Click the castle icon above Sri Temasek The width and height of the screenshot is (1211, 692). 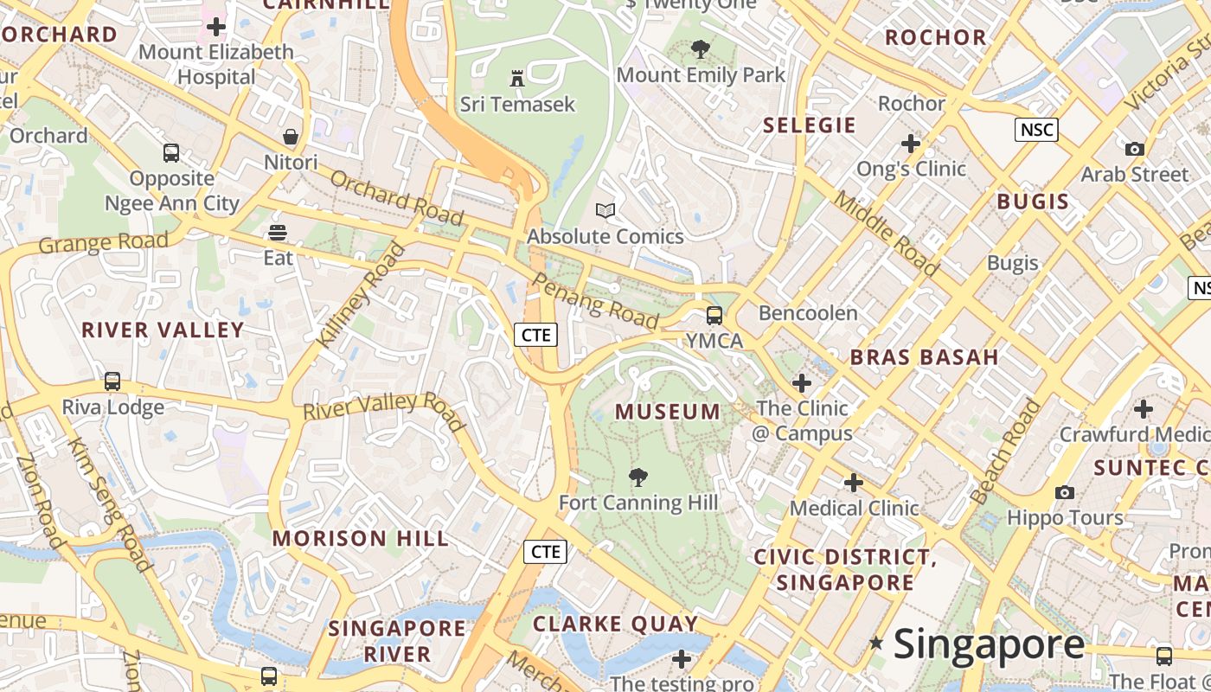(517, 79)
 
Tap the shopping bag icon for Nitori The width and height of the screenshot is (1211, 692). (291, 137)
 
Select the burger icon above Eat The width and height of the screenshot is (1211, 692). (278, 232)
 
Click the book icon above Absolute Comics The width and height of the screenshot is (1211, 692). (605, 210)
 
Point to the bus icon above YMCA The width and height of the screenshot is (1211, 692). (714, 315)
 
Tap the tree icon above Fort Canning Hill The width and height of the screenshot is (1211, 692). (638, 477)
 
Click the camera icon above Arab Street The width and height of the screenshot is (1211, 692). (1135, 149)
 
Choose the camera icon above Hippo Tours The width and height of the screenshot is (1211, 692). (1065, 492)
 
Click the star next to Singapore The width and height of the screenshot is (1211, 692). (876, 643)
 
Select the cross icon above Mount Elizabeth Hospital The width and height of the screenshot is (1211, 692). (216, 27)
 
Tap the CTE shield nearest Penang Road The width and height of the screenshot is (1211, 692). (535, 335)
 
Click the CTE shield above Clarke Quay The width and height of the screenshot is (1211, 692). (545, 551)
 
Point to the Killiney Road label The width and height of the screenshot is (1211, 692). (360, 296)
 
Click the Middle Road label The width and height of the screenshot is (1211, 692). (886, 234)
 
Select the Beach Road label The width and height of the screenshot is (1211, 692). (1006, 452)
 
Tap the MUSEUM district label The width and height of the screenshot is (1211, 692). (667, 412)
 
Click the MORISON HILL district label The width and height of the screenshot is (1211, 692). (361, 538)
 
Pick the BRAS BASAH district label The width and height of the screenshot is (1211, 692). (924, 356)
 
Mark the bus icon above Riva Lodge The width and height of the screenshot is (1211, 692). (112, 381)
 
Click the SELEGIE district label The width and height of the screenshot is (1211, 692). (809, 125)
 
